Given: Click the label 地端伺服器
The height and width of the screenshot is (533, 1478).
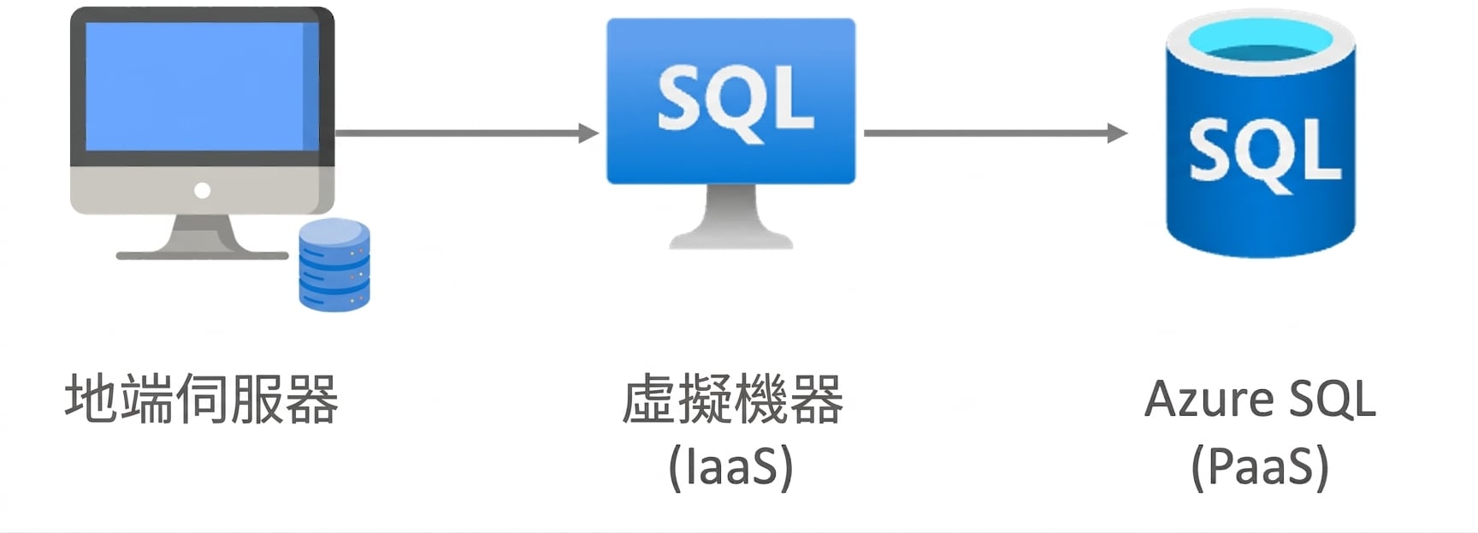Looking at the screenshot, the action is point(202,399).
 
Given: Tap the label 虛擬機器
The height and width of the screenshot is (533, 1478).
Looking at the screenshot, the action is point(732,399).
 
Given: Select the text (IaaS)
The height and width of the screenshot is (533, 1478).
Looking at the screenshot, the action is point(731,467).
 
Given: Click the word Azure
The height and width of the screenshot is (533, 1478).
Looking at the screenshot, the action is point(1210,400).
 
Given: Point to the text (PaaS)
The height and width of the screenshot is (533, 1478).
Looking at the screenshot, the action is point(1261,467).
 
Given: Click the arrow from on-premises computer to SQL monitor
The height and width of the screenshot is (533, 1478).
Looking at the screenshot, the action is point(467,133).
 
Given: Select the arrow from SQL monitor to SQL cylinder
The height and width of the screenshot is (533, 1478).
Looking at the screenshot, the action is point(996,133).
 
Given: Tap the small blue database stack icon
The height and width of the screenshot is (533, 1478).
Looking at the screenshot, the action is point(334,264).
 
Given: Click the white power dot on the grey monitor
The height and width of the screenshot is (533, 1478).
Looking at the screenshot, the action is point(203,190).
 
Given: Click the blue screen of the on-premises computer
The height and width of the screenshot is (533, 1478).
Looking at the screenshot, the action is point(202,86).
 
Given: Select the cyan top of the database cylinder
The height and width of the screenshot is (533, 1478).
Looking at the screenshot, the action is point(1261,42).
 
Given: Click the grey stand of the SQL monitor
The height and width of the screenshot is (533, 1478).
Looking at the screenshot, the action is point(731,216).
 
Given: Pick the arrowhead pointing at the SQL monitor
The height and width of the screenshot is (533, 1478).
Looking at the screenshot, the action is point(589,133).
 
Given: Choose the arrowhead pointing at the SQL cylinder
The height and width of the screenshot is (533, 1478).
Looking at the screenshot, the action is point(1118,133).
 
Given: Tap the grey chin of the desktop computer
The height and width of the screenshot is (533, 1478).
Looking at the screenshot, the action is point(202,190).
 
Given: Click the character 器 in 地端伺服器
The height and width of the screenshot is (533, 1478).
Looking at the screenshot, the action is point(312,400).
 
